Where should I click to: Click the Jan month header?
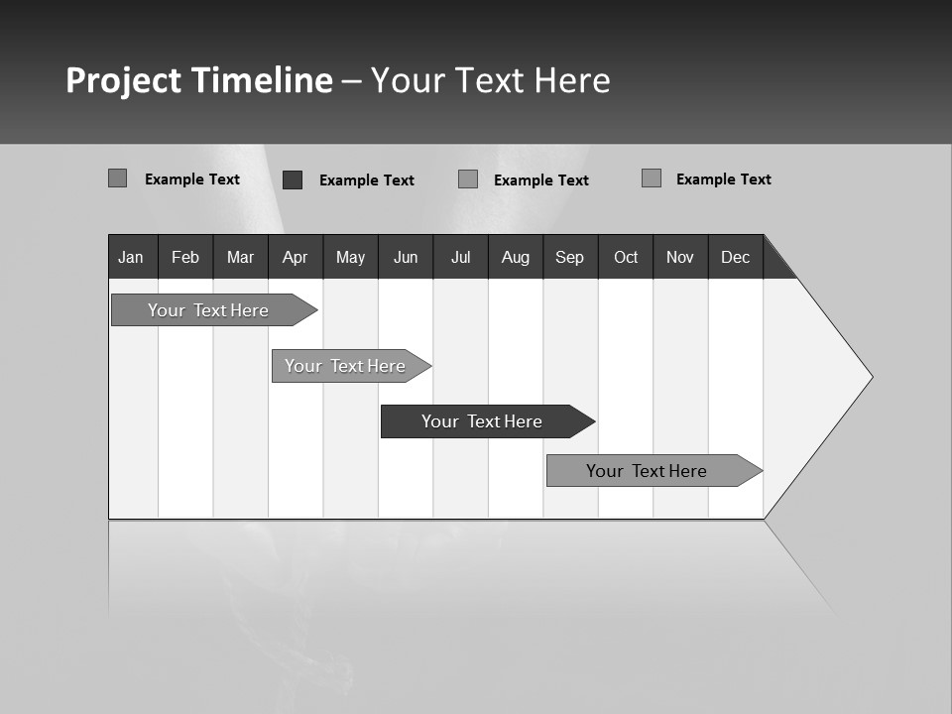coord(131,257)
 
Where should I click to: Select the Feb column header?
coord(185,257)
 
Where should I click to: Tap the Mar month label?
coord(240,257)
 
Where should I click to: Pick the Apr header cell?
coord(295,257)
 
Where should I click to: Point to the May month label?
coord(350,257)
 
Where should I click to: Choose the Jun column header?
coord(406,257)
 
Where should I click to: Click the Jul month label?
coord(460,257)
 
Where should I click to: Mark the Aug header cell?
coord(516,257)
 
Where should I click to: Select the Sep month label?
coord(570,257)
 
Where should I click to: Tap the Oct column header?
coord(626,257)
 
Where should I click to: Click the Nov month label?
coord(680,257)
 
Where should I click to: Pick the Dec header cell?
coord(736,257)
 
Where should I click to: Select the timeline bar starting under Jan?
coord(208,310)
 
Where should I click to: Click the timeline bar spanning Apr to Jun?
coord(345,366)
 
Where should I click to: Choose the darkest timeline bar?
coord(482,421)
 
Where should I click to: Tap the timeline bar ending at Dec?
coord(647,471)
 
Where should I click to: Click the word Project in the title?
coord(123,80)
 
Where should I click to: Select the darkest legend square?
coord(293,179)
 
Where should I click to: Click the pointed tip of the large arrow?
coord(870,377)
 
